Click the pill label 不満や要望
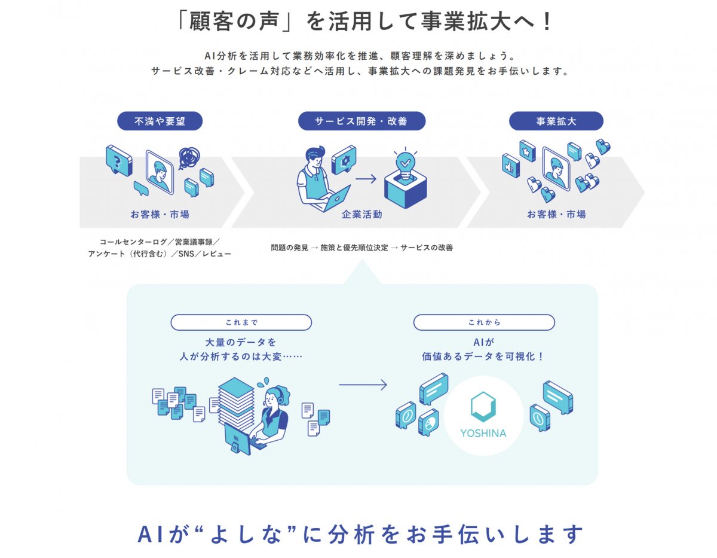click(x=160, y=121)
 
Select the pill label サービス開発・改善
click(x=361, y=121)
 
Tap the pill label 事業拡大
click(x=556, y=121)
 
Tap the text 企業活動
click(x=361, y=214)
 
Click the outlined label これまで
click(x=241, y=322)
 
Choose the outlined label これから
click(x=484, y=322)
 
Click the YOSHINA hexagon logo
click(x=483, y=406)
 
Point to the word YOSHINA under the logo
click(x=483, y=433)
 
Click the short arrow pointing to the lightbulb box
click(x=366, y=178)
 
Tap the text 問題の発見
click(x=290, y=248)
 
